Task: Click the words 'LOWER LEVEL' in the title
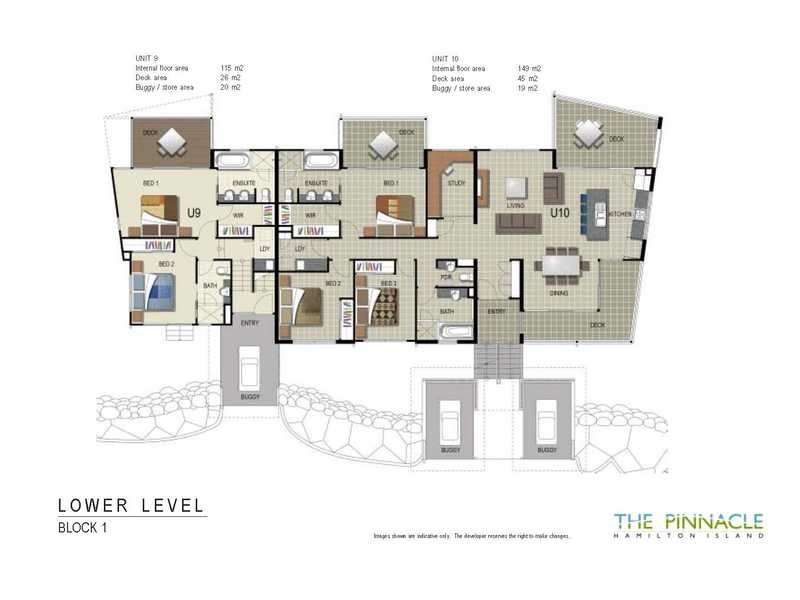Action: [131, 505]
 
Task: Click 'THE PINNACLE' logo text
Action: [688, 520]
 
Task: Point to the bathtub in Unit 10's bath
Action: [458, 331]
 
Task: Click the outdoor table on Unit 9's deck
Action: [174, 143]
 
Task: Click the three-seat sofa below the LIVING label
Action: [519, 220]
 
